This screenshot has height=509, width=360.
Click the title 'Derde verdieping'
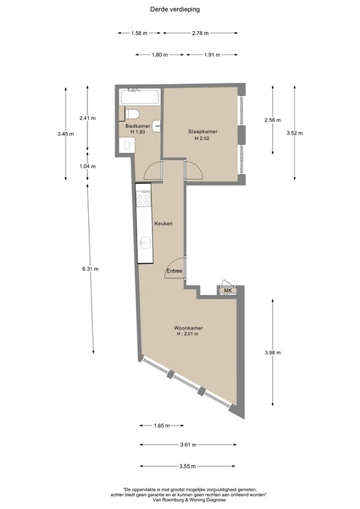tap(176, 10)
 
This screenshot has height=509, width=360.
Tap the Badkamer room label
tap(137, 125)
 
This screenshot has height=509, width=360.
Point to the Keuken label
tap(163, 223)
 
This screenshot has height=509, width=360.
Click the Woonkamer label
tap(188, 328)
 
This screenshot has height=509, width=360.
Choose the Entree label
tap(174, 270)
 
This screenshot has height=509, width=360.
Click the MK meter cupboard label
tap(227, 291)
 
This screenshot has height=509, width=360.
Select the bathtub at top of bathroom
tap(140, 96)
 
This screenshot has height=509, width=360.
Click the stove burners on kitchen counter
tap(143, 198)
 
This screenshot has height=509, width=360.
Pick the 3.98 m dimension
tap(272, 353)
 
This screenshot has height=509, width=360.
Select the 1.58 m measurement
tap(139, 32)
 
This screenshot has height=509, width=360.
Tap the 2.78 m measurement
tap(200, 32)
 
